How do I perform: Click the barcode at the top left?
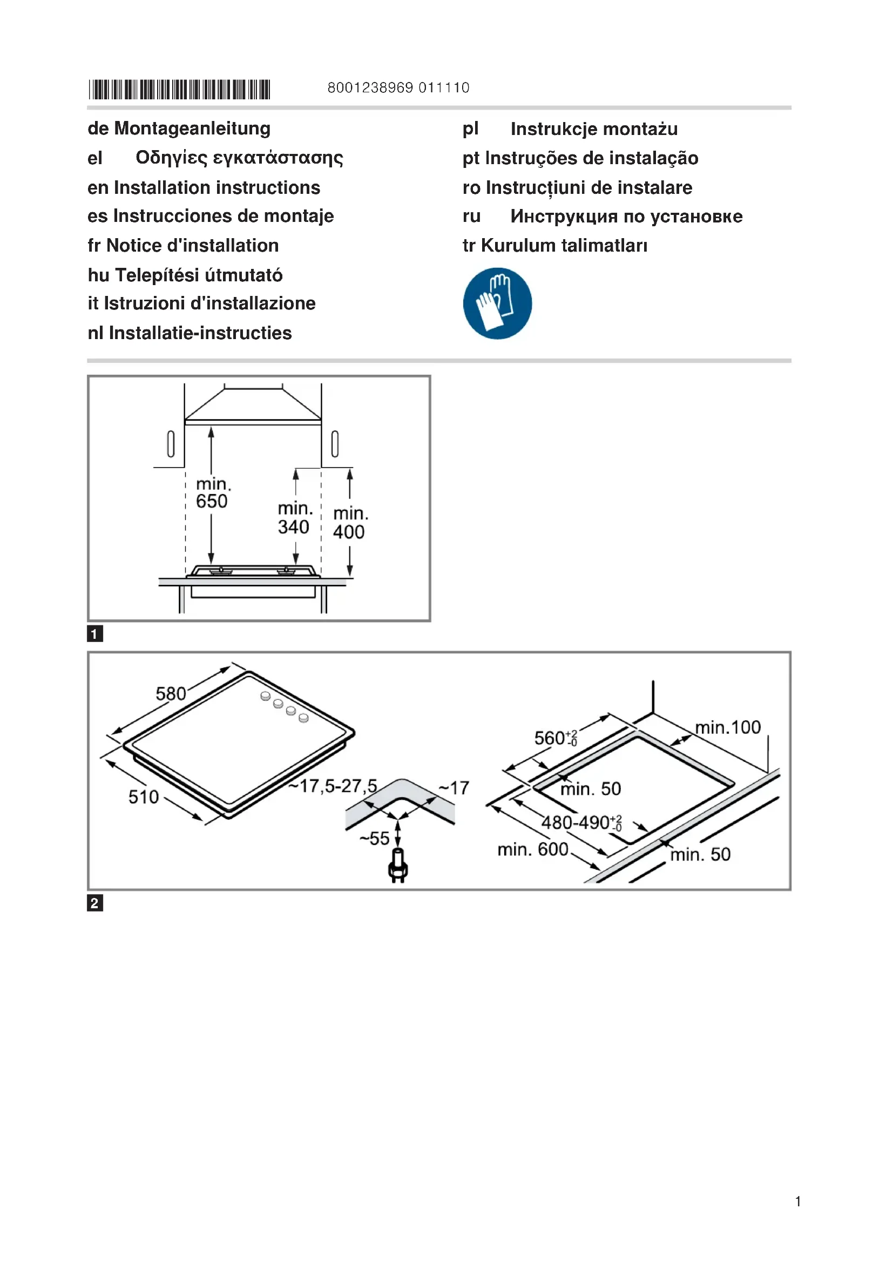click(x=179, y=89)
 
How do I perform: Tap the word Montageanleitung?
click(x=192, y=129)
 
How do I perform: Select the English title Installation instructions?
click(x=217, y=187)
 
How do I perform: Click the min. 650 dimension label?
click(x=212, y=493)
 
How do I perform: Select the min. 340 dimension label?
click(x=294, y=518)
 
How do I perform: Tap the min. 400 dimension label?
click(x=350, y=523)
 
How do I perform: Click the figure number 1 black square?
click(x=95, y=634)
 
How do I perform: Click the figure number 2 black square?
click(x=95, y=903)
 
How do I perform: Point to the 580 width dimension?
click(x=171, y=694)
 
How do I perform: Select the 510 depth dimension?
click(x=144, y=796)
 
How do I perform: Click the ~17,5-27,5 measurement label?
click(x=333, y=786)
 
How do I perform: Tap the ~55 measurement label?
click(x=375, y=839)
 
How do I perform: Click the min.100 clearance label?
click(x=727, y=727)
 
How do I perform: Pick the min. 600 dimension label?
click(x=532, y=849)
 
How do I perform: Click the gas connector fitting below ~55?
click(x=398, y=866)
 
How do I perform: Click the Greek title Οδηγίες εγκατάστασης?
click(x=239, y=158)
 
